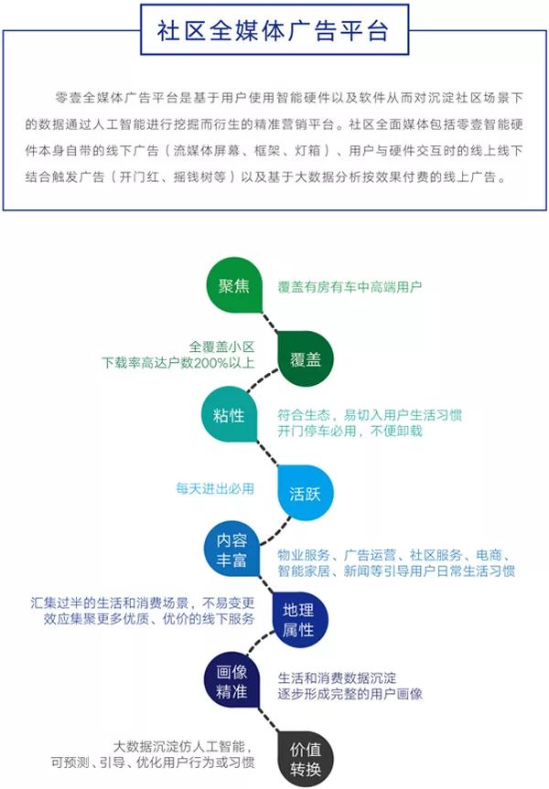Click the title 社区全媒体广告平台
click(x=273, y=31)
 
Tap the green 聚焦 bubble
click(x=234, y=285)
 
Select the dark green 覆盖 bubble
click(x=306, y=358)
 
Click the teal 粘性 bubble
click(x=229, y=415)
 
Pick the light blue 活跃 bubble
click(x=306, y=493)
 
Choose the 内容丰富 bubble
click(x=232, y=549)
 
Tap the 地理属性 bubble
click(x=299, y=620)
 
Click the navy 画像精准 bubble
click(x=232, y=680)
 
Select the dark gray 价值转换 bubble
click(x=306, y=759)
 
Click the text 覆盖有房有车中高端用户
click(x=350, y=287)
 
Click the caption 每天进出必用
click(x=215, y=488)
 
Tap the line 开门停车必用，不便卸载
click(x=350, y=432)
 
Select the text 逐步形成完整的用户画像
click(x=350, y=695)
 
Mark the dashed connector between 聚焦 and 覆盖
click(x=269, y=322)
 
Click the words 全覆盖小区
click(x=221, y=347)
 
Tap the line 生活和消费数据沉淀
click(x=337, y=678)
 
